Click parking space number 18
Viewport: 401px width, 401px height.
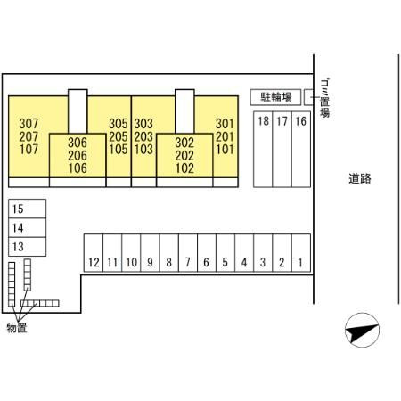click(x=263, y=150)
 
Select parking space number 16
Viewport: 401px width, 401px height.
click(x=301, y=150)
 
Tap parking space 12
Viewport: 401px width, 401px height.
click(x=94, y=253)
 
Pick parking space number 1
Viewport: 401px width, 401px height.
click(x=301, y=253)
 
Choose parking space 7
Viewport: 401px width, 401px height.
click(x=188, y=253)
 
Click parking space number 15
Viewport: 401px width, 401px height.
click(x=27, y=209)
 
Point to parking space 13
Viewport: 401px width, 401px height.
click(x=27, y=247)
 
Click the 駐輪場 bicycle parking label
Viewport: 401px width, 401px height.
click(x=276, y=97)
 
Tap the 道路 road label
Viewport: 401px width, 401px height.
click(x=360, y=178)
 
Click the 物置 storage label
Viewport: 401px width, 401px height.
click(x=17, y=328)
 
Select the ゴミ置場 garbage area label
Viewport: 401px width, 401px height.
click(x=325, y=98)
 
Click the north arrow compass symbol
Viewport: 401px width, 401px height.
click(x=362, y=330)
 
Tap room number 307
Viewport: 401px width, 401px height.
click(x=29, y=124)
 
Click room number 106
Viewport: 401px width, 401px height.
click(x=78, y=168)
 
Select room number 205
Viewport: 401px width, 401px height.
click(x=119, y=136)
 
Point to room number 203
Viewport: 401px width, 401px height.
click(x=143, y=136)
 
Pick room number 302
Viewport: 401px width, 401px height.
click(x=184, y=143)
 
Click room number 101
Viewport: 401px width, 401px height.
click(x=225, y=150)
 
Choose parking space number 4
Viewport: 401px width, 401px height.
click(x=244, y=253)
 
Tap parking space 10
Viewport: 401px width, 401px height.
click(x=131, y=253)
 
